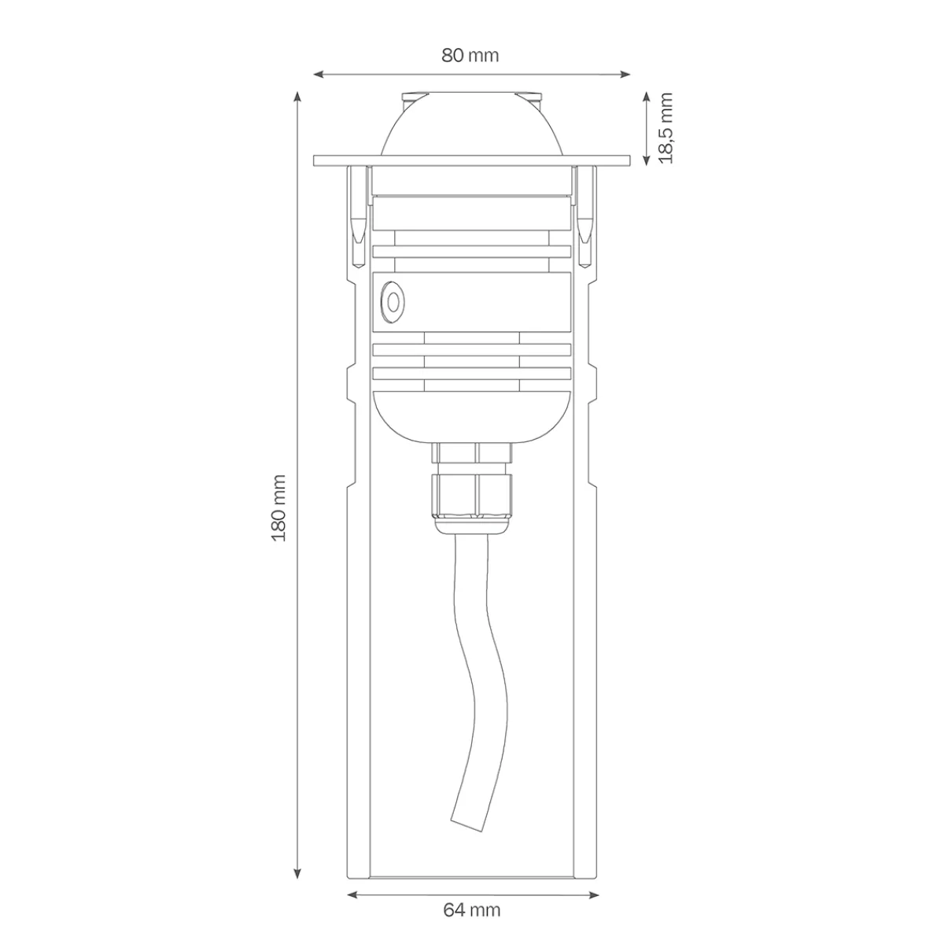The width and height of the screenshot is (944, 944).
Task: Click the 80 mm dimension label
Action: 470,56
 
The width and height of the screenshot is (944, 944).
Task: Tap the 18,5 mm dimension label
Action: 666,127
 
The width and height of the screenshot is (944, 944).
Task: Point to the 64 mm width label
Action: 472,910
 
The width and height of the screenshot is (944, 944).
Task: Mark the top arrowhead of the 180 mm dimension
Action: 297,96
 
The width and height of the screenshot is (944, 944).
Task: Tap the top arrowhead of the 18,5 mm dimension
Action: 647,95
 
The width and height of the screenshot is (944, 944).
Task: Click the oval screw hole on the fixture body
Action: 391,301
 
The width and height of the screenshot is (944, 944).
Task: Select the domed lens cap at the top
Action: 472,126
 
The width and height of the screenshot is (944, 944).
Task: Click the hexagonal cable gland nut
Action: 472,492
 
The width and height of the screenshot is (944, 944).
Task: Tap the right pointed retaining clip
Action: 585,212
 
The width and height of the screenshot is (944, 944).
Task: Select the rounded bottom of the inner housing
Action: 472,417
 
